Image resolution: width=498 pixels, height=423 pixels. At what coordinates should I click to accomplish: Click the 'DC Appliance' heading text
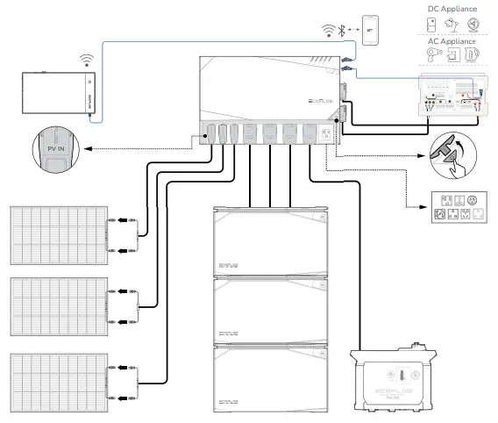pyautogui.click(x=452, y=9)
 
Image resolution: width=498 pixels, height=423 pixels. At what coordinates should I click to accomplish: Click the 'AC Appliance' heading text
pyautogui.click(x=452, y=41)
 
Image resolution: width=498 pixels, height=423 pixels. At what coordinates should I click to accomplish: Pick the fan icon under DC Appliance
pyautogui.click(x=473, y=25)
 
